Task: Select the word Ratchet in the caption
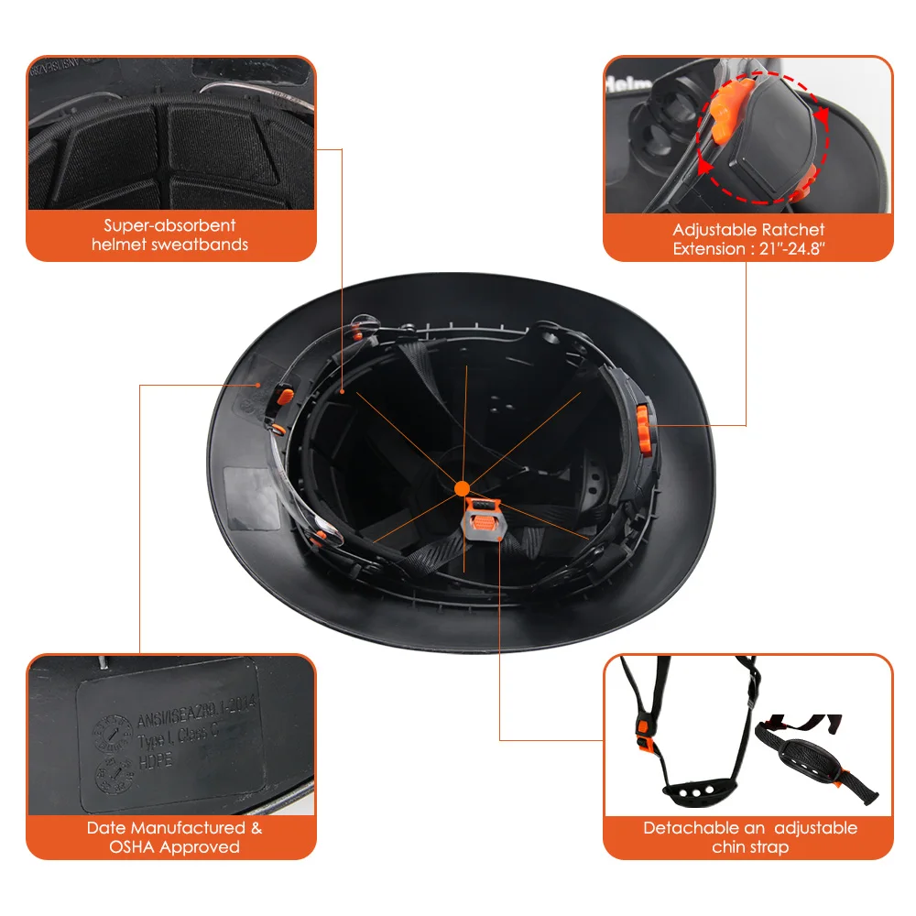[794, 230]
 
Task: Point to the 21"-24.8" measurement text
[785, 248]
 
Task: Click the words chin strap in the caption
[749, 847]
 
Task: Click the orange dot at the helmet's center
[462, 488]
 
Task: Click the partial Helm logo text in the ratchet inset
[625, 82]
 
